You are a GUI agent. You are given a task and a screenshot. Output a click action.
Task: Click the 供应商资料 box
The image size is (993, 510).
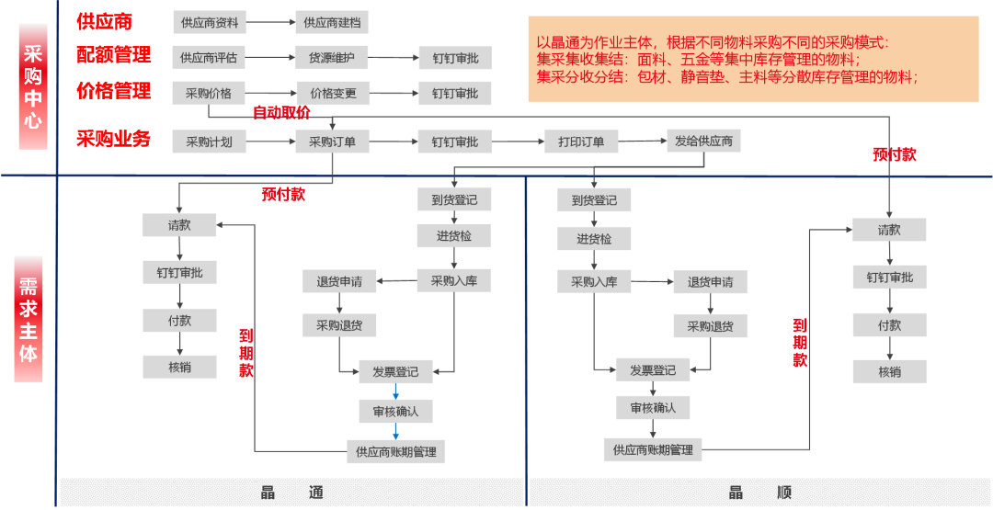[209, 21]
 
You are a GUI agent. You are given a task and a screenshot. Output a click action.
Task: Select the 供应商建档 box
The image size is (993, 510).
[331, 21]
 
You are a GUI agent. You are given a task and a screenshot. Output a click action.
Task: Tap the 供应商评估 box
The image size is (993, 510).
[209, 58]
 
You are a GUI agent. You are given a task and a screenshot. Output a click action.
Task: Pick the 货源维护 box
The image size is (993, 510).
[331, 58]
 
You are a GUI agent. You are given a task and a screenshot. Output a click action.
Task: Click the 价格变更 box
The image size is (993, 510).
[333, 93]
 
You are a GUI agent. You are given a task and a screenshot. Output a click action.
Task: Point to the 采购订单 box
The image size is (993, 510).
[332, 142]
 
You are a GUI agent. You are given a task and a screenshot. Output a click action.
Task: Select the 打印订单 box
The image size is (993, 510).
[581, 142]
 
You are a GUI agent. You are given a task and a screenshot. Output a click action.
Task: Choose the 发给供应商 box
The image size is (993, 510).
[703, 141]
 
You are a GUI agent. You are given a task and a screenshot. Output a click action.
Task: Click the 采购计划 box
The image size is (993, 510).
[209, 142]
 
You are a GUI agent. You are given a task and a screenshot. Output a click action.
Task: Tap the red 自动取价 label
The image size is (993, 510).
[281, 113]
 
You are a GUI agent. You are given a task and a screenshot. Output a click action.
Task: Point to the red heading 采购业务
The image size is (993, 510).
[113, 140]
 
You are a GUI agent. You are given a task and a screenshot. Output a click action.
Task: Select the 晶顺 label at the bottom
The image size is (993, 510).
[759, 493]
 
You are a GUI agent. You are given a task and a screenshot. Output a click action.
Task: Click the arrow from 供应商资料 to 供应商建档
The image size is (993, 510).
[270, 21]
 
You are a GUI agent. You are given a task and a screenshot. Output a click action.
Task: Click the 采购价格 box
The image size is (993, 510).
[209, 93]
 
